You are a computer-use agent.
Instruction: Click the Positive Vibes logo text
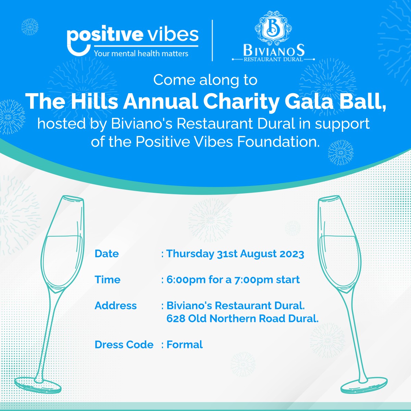133,35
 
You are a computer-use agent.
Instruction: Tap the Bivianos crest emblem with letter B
273,28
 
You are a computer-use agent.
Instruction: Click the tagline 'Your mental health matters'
141,53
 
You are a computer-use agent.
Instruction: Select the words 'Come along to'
205,80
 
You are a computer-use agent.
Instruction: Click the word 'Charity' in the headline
241,102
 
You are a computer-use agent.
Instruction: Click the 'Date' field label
107,253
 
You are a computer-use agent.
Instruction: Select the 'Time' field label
108,279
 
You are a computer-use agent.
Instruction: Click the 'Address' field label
116,306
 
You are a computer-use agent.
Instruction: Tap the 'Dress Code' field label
124,345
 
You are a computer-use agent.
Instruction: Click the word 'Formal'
185,345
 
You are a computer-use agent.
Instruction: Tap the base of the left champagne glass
38,385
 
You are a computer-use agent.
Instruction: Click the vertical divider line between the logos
212,40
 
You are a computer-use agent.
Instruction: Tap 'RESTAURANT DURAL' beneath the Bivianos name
273,59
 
